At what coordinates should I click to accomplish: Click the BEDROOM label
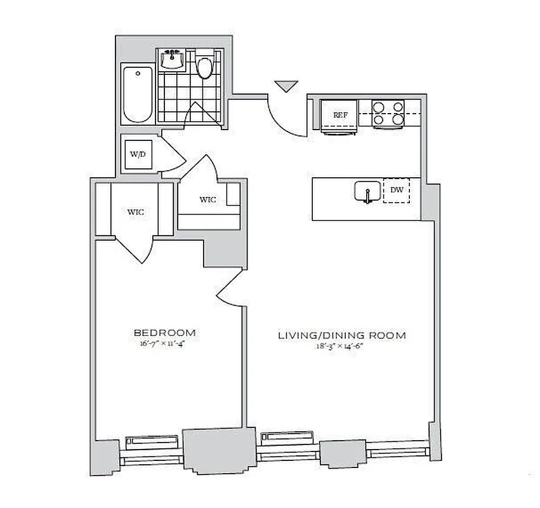164,333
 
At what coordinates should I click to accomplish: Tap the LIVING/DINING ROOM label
342,335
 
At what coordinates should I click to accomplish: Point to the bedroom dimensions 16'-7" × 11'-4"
164,345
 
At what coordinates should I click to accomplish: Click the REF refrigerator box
339,115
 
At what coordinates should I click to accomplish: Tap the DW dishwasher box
397,190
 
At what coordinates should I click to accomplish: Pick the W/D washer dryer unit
138,154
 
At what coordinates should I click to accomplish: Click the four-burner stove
388,113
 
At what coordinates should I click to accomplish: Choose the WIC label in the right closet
207,199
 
